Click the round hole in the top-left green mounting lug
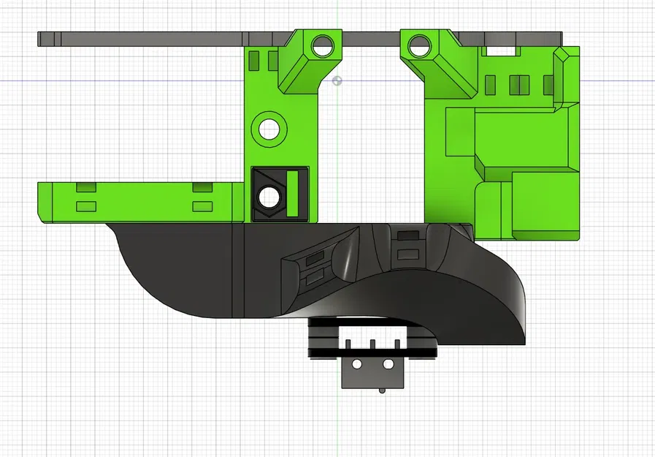click(320, 48)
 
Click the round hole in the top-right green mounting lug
click(419, 47)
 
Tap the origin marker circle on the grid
click(337, 80)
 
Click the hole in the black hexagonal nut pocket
click(268, 196)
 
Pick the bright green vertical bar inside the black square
click(294, 193)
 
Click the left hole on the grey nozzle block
click(357, 363)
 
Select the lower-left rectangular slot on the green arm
click(86, 206)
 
